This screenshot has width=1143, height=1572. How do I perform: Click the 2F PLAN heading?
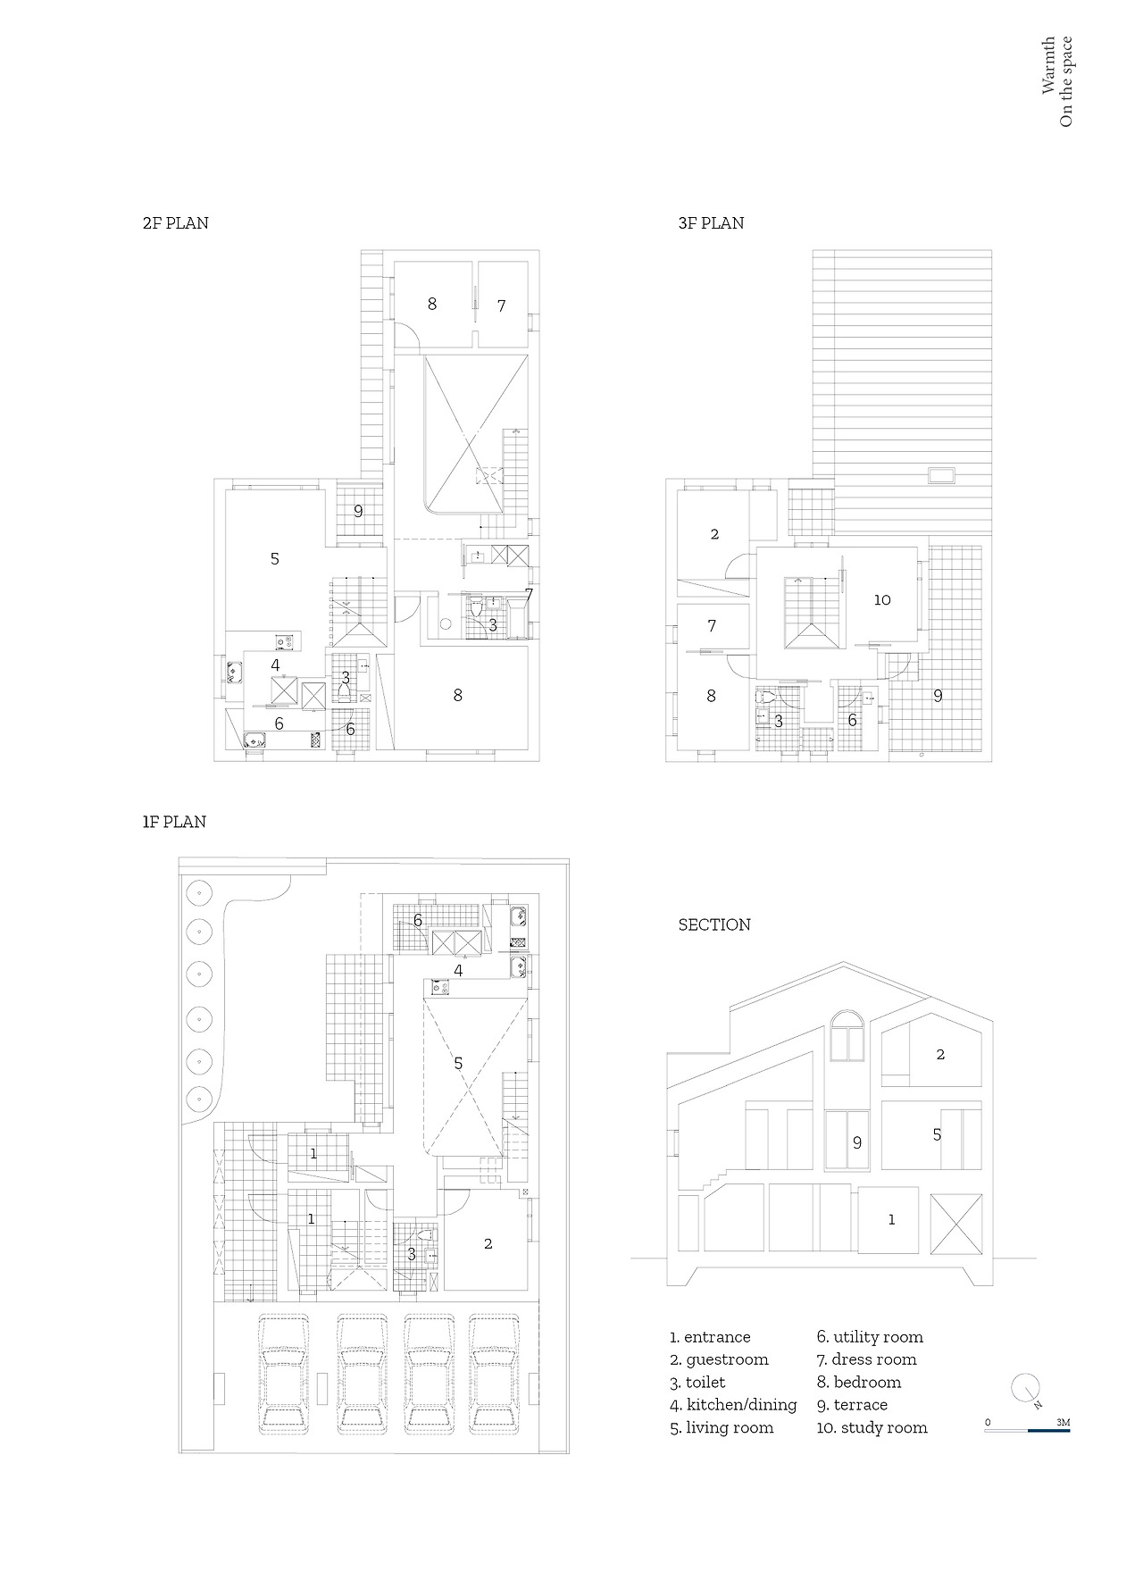(175, 223)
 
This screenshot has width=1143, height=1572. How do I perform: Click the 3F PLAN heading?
(711, 223)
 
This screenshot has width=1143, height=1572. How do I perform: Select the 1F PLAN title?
(174, 822)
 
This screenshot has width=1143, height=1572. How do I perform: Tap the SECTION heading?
(714, 924)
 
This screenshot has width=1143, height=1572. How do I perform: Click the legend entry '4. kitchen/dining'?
(733, 1405)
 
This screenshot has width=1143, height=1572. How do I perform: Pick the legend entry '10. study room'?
(872, 1427)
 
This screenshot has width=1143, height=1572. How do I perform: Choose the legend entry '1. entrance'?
(710, 1337)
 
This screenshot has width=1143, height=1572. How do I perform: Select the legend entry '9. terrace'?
(852, 1405)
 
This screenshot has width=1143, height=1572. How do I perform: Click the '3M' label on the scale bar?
(1063, 1421)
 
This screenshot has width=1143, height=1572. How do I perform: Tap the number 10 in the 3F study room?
(882, 600)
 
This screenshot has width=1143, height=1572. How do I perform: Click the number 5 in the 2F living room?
(275, 559)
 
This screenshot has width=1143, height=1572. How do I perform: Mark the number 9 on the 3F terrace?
(938, 696)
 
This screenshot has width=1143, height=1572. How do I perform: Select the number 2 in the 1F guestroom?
(488, 1243)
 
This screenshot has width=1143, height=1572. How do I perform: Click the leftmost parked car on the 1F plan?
(283, 1375)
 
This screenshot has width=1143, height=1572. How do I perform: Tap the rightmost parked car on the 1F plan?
(495, 1375)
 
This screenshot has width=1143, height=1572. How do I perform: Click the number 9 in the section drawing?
(857, 1142)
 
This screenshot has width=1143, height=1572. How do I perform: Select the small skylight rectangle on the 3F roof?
(941, 475)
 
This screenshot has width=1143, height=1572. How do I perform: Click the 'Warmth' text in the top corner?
(1048, 65)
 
